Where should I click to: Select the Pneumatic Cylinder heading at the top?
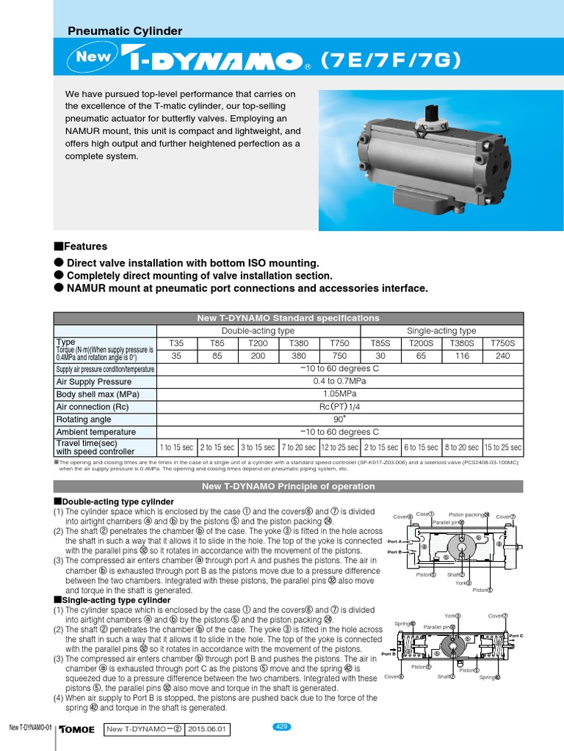125,31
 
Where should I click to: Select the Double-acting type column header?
260,331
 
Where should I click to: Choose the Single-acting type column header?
441,331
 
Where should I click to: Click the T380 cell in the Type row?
299,342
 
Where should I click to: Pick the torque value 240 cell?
502,355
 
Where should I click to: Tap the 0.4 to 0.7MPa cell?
340,381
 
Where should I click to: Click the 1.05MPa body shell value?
340,394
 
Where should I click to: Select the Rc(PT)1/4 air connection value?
340,406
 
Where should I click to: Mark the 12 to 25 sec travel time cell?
339,447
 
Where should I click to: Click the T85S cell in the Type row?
380,342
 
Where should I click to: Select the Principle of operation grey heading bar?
288,486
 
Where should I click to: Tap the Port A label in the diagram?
394,541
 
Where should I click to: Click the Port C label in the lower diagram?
516,636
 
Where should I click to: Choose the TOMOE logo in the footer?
76,730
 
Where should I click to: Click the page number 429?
282,727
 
